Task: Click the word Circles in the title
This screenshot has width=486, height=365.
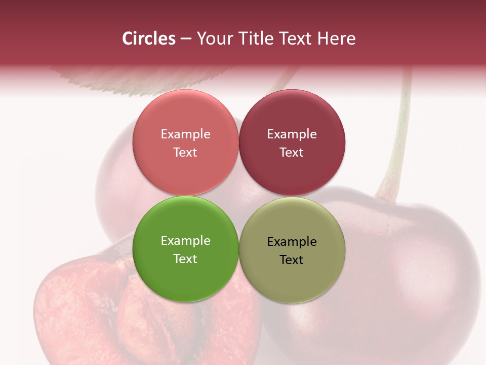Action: pos(148,39)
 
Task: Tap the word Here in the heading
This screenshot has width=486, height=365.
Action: pos(336,39)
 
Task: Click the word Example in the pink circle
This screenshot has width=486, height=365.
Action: pos(185,134)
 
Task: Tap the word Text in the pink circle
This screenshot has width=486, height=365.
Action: pos(185,153)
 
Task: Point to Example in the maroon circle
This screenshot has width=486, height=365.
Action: pos(292,134)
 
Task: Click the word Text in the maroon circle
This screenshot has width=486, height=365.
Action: pos(292,153)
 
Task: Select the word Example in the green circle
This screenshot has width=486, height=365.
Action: pos(185,241)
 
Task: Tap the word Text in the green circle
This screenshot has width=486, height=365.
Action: pos(185,259)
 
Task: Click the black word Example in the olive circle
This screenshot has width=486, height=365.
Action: pos(292,242)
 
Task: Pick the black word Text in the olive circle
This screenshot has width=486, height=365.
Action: pos(292,260)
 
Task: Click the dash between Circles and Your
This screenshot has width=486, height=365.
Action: pos(186,39)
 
